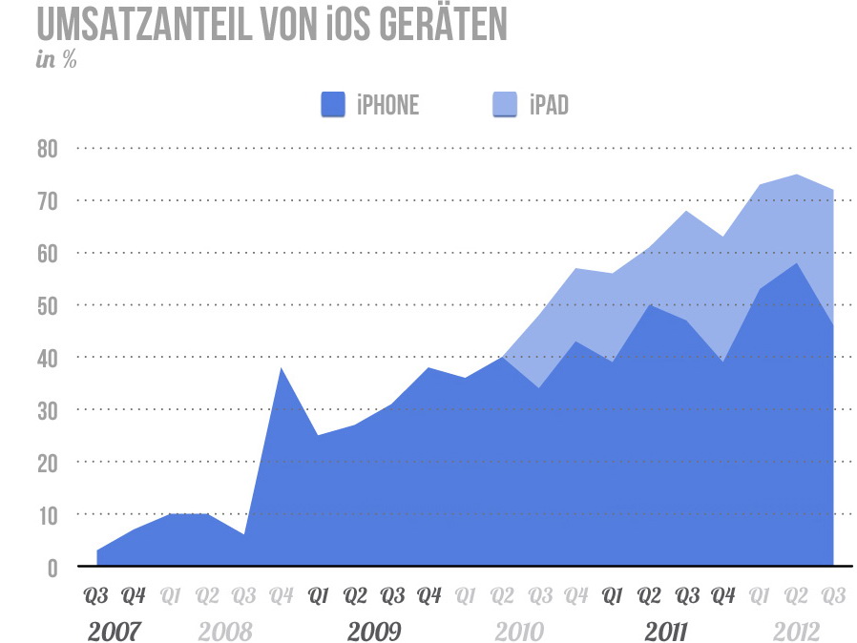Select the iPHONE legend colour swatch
pyautogui.click(x=332, y=104)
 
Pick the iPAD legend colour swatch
pyautogui.click(x=505, y=104)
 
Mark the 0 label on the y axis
pyautogui.click(x=52, y=568)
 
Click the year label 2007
pyautogui.click(x=115, y=632)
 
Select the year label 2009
pyautogui.click(x=373, y=632)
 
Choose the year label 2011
pyautogui.click(x=668, y=632)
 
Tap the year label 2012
pyautogui.click(x=796, y=632)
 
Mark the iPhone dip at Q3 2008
pyautogui.click(x=244, y=534)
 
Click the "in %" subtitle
pyautogui.click(x=56, y=59)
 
